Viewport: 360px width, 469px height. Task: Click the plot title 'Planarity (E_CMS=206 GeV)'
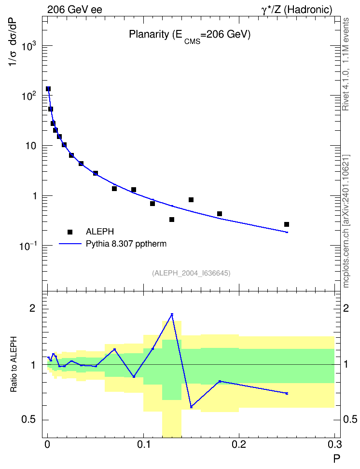coord(190,36)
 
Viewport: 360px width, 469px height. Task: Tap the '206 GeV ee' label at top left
coord(74,10)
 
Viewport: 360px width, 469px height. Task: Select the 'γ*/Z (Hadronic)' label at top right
coord(297,10)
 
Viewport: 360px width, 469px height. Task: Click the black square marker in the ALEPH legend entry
coord(70,232)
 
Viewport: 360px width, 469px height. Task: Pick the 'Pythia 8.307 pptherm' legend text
coord(126,244)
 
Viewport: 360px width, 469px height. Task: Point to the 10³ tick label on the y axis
coord(29,46)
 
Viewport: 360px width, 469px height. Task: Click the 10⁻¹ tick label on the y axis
coord(28,246)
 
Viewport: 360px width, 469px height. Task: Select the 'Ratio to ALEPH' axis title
coord(14,364)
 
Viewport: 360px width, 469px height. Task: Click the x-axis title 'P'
coord(336,458)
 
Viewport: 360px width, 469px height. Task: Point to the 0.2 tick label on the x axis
coord(239,444)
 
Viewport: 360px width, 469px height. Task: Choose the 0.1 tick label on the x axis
coord(144,444)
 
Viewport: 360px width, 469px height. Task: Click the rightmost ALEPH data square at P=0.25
coord(287,224)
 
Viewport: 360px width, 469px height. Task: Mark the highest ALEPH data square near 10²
coord(48,89)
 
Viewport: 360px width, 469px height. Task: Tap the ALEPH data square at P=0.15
coord(191,200)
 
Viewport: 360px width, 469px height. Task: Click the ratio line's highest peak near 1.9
coord(172,314)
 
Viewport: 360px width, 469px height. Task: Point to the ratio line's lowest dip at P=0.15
coord(191,406)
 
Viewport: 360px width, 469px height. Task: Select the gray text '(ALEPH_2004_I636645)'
coord(191,273)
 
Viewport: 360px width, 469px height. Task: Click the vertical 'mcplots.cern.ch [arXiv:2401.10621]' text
coord(346,221)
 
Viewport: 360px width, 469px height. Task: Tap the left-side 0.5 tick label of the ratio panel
coord(28,420)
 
